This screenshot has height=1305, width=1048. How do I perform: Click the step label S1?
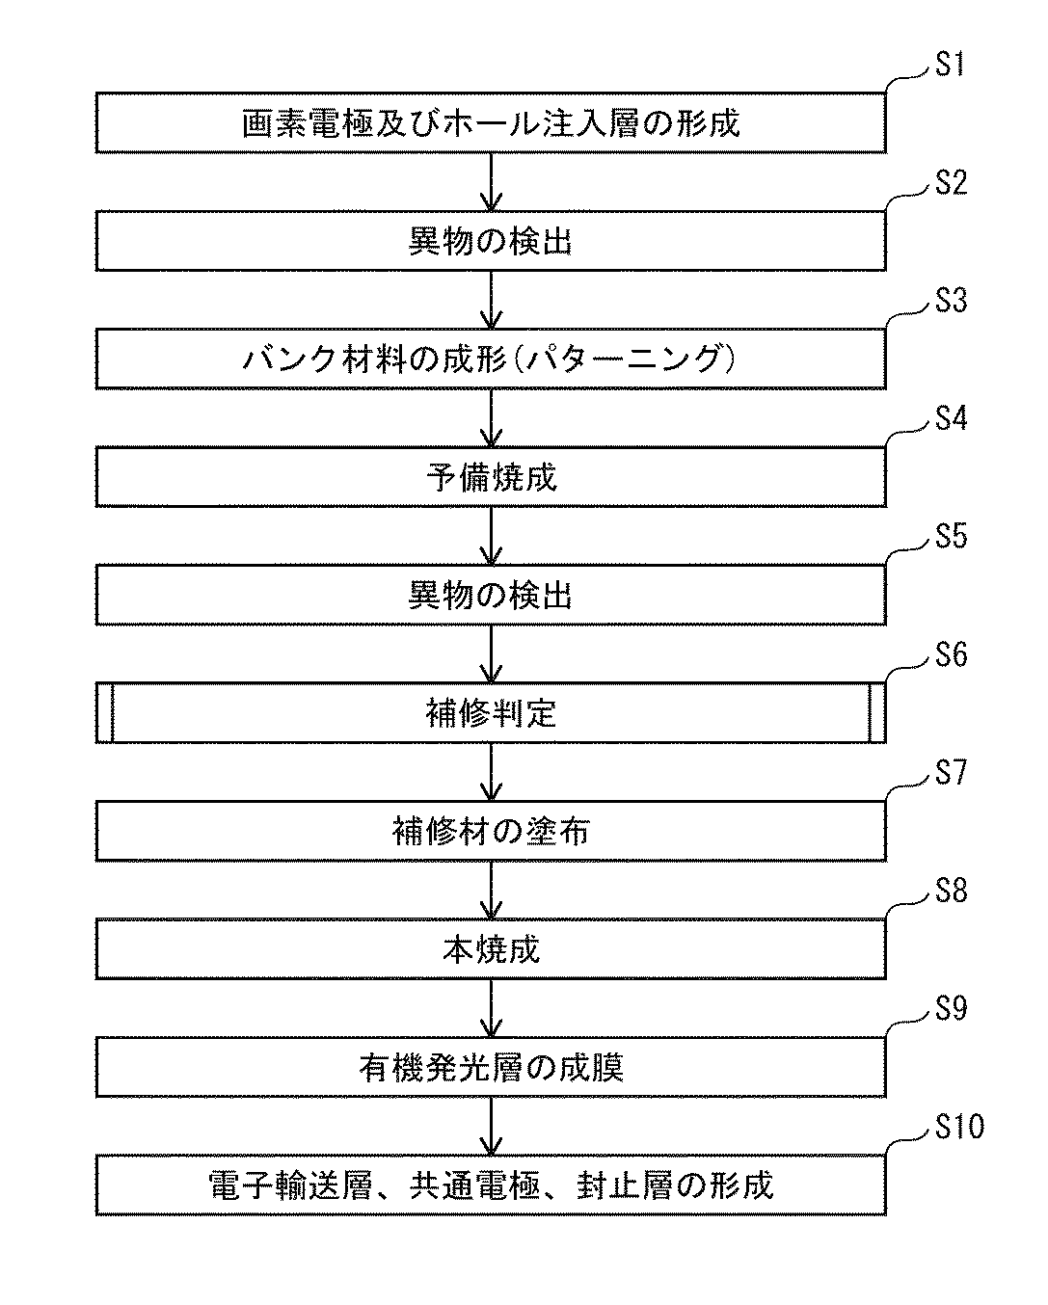point(950,67)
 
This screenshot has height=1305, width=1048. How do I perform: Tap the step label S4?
point(951,419)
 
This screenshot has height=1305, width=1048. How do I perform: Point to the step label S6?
point(951,655)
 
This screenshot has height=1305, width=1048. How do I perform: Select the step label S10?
point(959,1127)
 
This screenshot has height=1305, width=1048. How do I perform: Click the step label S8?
point(951,892)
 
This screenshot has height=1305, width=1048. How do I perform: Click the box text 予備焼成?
point(491,478)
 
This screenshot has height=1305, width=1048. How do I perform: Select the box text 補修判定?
point(491,714)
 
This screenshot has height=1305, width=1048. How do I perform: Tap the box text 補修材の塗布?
point(491,832)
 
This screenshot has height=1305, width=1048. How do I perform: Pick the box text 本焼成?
point(491,950)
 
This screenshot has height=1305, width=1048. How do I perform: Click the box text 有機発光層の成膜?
point(491,1068)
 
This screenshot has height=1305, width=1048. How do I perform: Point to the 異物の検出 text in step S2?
point(491,242)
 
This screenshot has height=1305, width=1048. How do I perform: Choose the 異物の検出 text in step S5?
point(491,596)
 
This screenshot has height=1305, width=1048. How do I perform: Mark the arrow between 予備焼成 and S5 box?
point(491,536)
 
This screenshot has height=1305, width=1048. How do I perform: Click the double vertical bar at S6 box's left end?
point(104,714)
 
